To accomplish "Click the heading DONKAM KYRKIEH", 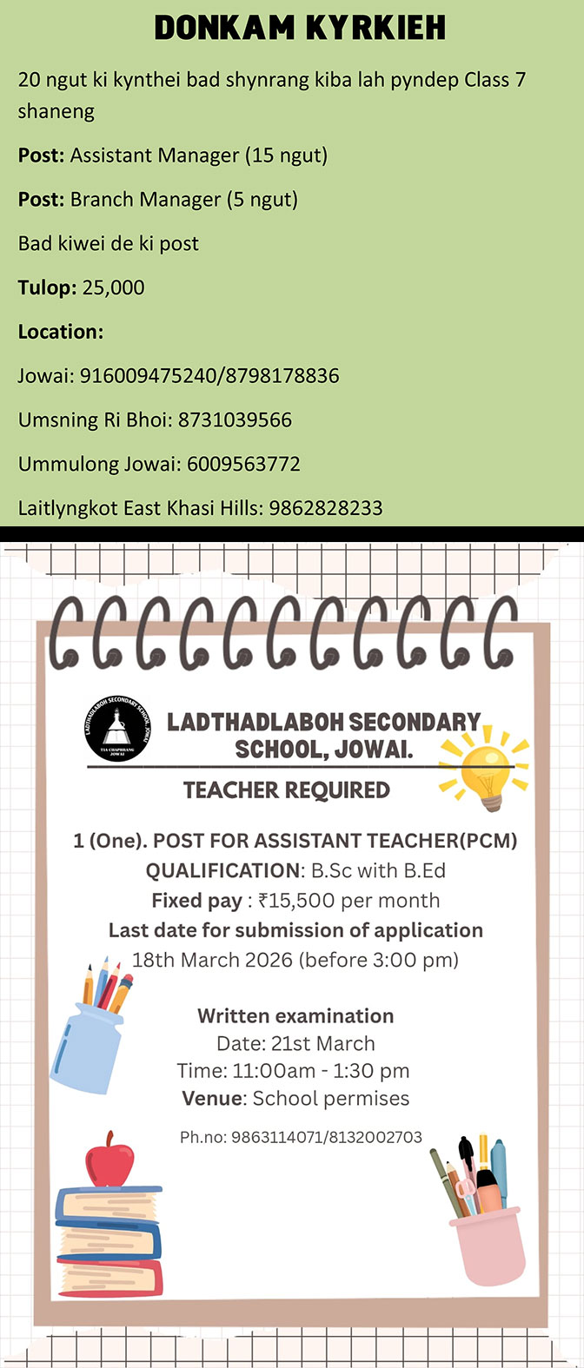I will [x=300, y=29].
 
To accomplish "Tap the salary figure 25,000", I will [x=113, y=287].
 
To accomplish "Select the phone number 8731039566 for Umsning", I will [x=235, y=420].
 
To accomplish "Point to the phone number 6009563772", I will [x=243, y=464].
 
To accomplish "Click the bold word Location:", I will [x=61, y=332].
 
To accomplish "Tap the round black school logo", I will [x=118, y=731].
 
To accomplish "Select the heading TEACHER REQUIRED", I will [x=287, y=790].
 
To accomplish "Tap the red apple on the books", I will [x=109, y=1160].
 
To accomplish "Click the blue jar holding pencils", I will [x=89, y=1046].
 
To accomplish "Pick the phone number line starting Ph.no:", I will [x=301, y=1137].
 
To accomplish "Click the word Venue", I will [x=213, y=1099].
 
